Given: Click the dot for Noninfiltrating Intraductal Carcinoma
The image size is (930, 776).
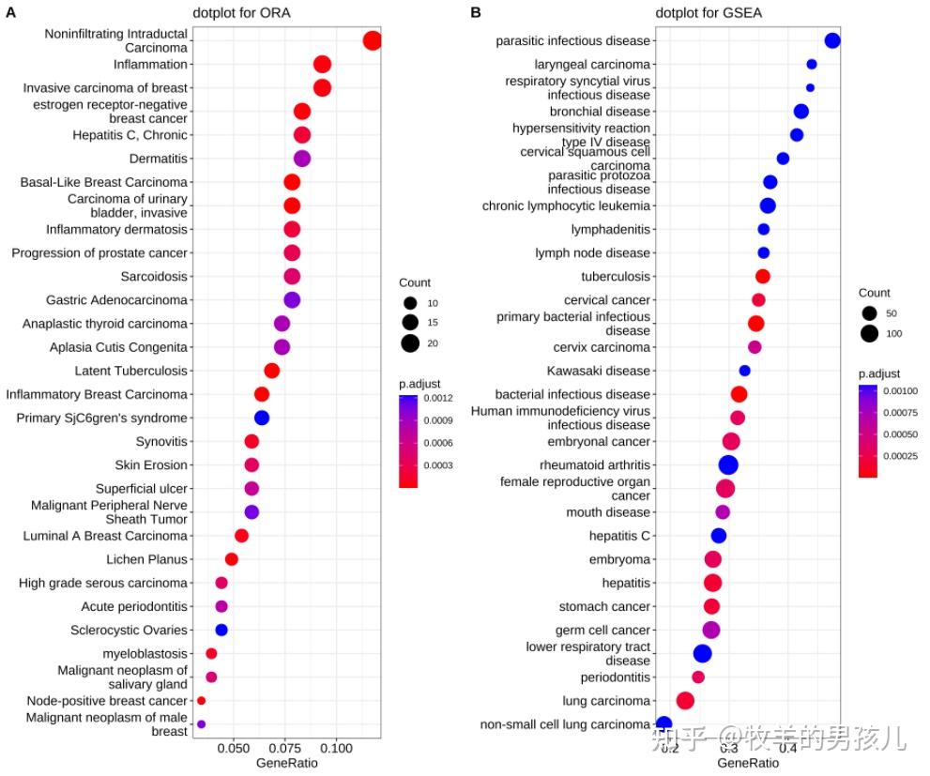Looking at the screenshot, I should [372, 40].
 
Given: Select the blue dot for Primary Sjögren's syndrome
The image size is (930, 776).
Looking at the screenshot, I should [262, 418].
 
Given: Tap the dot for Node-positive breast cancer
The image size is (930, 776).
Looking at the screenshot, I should [201, 701].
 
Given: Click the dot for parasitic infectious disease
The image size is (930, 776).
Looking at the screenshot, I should [831, 40].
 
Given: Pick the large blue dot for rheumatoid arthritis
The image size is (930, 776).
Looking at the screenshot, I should [728, 464].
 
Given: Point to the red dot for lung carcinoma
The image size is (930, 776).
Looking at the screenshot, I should [685, 701].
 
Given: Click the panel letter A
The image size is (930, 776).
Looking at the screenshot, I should [10, 12].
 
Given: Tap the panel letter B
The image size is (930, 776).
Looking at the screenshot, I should [476, 12].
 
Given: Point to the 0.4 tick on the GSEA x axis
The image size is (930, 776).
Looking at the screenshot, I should [787, 748].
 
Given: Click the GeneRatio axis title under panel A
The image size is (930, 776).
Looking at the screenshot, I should [287, 763].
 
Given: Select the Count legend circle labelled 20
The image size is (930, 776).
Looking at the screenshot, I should [409, 343].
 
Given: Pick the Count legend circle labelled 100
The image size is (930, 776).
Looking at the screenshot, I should [869, 333].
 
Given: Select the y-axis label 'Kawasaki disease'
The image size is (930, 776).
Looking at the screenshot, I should [599, 371].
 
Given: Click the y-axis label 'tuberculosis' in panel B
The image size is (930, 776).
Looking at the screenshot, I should [615, 277].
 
